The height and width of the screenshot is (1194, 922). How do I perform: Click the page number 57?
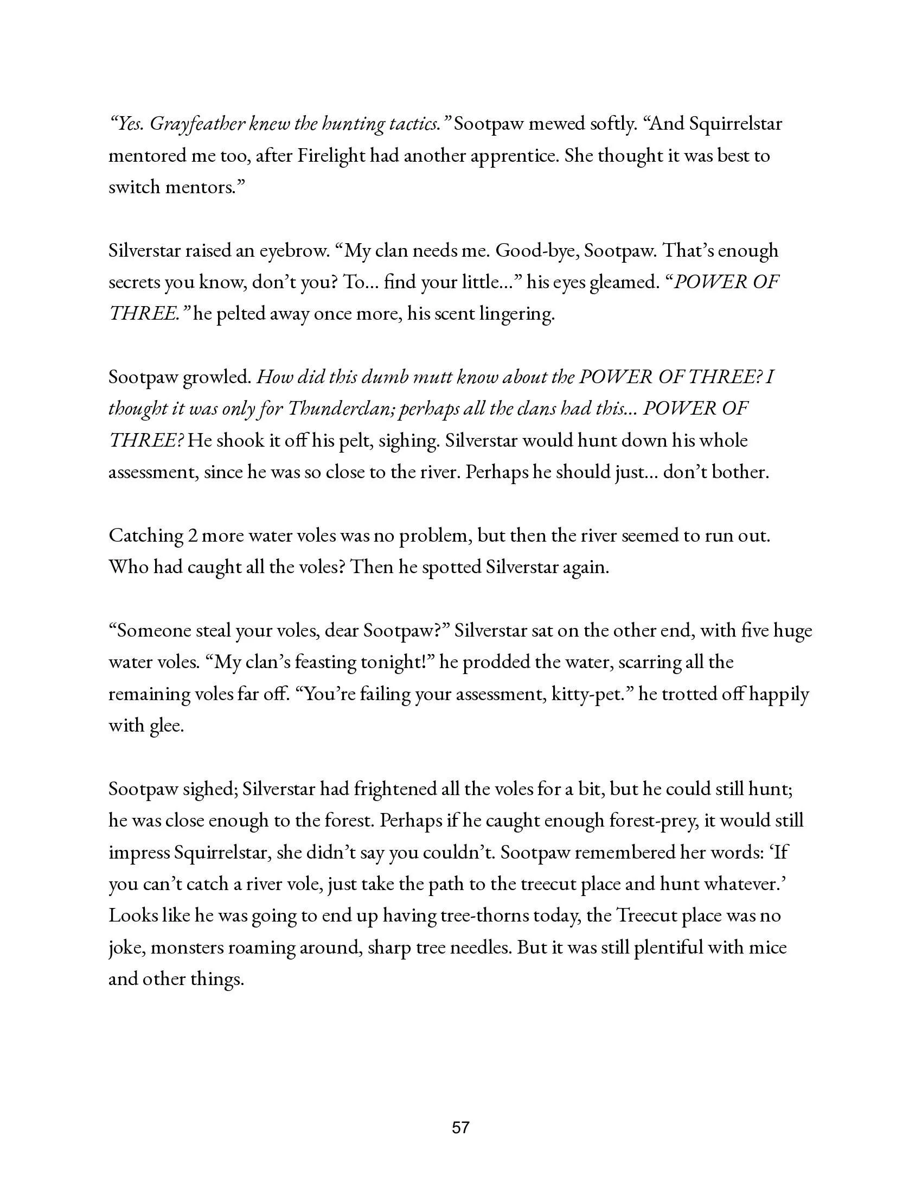pyautogui.click(x=460, y=1127)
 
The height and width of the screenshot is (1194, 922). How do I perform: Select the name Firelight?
pyautogui.click(x=331, y=156)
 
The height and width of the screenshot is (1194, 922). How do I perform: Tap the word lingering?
pyautogui.click(x=516, y=314)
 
